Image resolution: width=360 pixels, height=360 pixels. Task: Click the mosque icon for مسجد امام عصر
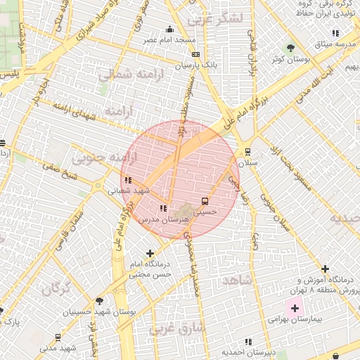click(169, 30)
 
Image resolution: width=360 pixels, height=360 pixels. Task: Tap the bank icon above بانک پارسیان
click(195, 54)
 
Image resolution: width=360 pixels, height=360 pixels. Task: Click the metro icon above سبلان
click(247, 151)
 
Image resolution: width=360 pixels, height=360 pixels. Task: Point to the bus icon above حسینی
click(205, 200)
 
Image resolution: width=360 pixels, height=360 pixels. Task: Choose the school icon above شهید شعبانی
click(128, 180)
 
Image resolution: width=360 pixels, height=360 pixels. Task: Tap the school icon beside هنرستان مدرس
click(163, 208)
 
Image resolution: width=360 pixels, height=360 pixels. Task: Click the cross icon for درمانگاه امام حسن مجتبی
click(149, 253)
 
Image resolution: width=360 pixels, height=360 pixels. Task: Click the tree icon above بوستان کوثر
click(289, 48)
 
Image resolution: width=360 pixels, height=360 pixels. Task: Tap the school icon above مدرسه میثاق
click(335, 33)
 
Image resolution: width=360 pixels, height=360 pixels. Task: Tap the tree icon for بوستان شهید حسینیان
click(98, 301)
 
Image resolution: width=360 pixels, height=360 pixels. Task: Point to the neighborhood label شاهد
click(236, 281)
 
